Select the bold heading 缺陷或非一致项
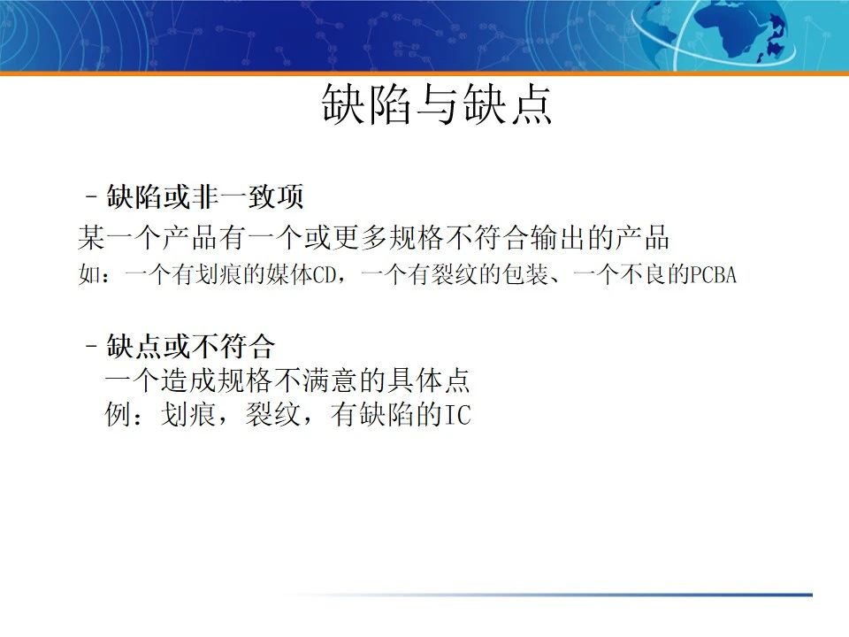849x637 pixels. (x=205, y=197)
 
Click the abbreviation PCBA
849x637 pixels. (x=713, y=275)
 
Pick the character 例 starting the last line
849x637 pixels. (x=118, y=415)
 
